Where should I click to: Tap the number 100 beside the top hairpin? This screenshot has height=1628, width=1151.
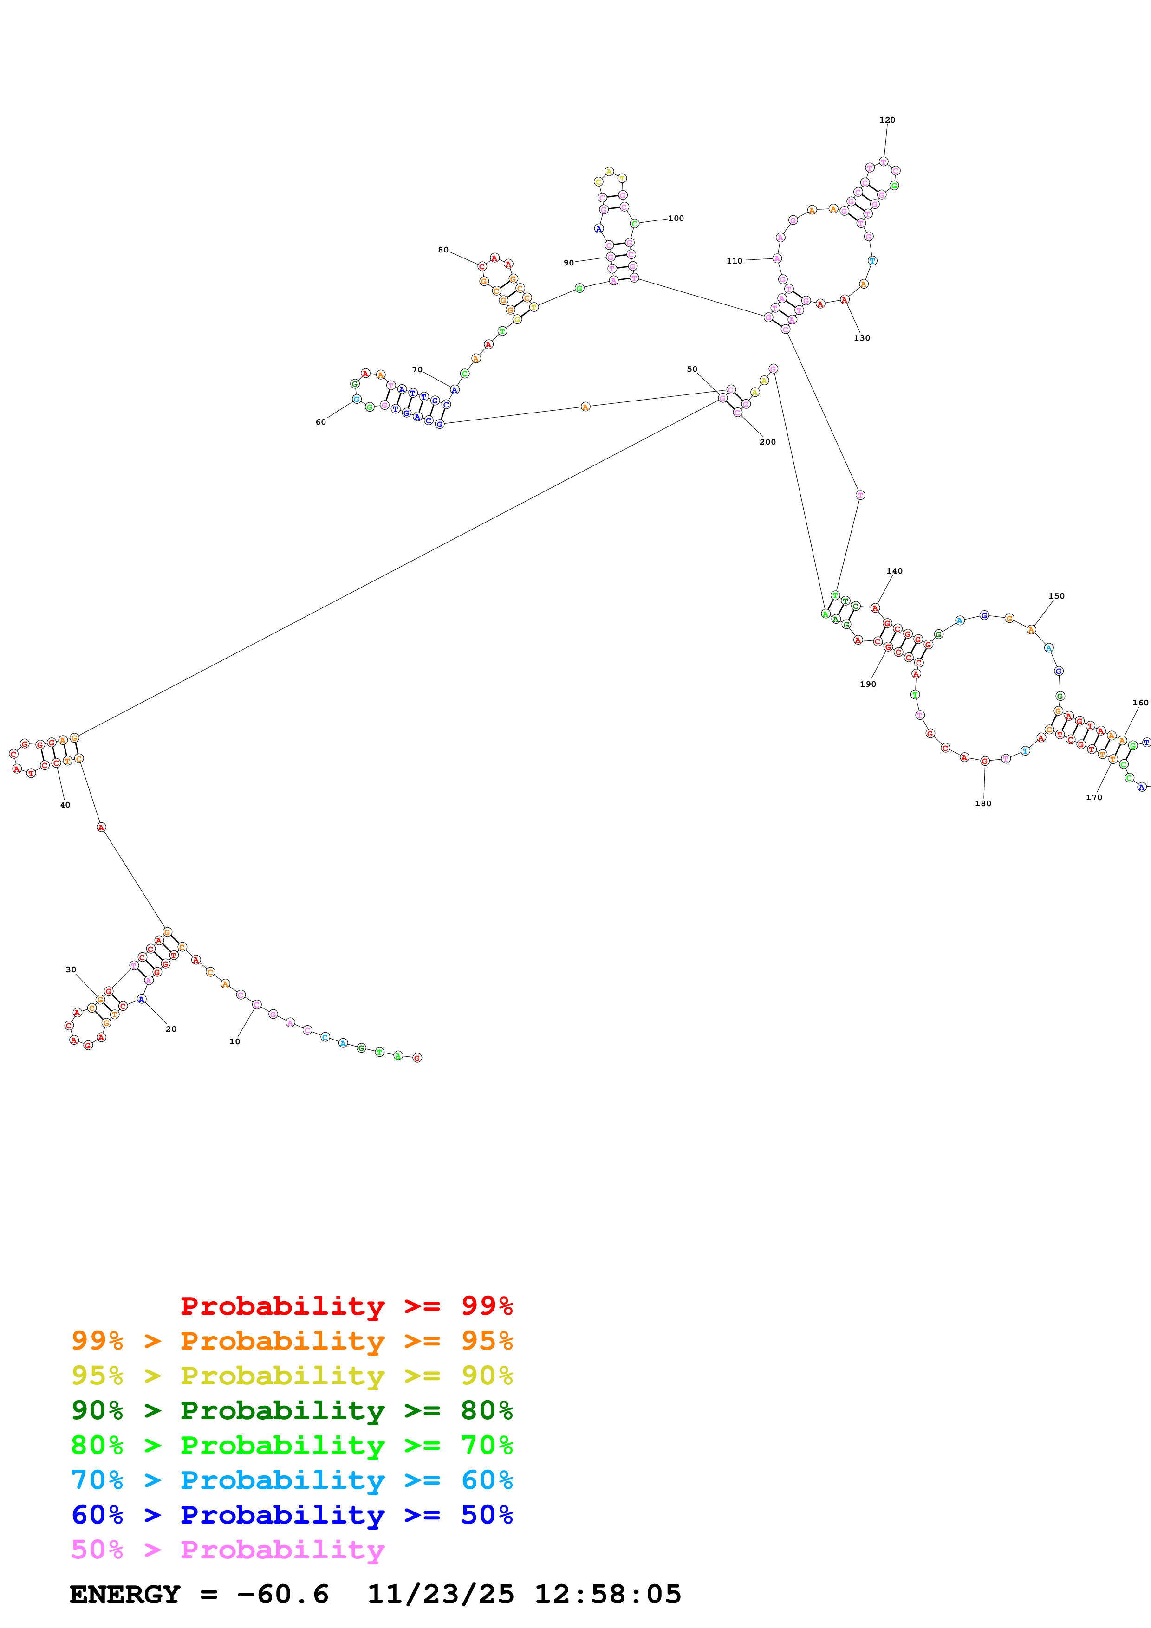pyautogui.click(x=676, y=219)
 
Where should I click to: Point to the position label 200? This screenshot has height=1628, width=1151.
pyautogui.click(x=767, y=442)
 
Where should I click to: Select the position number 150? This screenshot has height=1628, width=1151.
pyautogui.click(x=1056, y=596)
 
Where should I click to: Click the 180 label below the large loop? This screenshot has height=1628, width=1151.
pyautogui.click(x=983, y=803)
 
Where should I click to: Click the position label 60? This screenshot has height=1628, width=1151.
pyautogui.click(x=320, y=422)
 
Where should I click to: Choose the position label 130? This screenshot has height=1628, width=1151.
pyautogui.click(x=862, y=338)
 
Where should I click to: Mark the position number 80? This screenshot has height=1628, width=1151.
pyautogui.click(x=443, y=250)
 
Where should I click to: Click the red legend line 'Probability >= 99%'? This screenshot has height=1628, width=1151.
pyautogui.click(x=346, y=1306)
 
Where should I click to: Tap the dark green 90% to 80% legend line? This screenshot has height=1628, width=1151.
pyautogui.click(x=292, y=1410)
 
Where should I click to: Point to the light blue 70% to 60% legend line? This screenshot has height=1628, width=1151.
pyautogui.click(x=292, y=1480)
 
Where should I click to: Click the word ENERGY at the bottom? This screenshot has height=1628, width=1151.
pyautogui.click(x=125, y=1594)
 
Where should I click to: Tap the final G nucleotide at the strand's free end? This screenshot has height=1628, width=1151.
pyautogui.click(x=417, y=1058)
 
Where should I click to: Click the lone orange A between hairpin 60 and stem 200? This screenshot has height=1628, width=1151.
pyautogui.click(x=585, y=406)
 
